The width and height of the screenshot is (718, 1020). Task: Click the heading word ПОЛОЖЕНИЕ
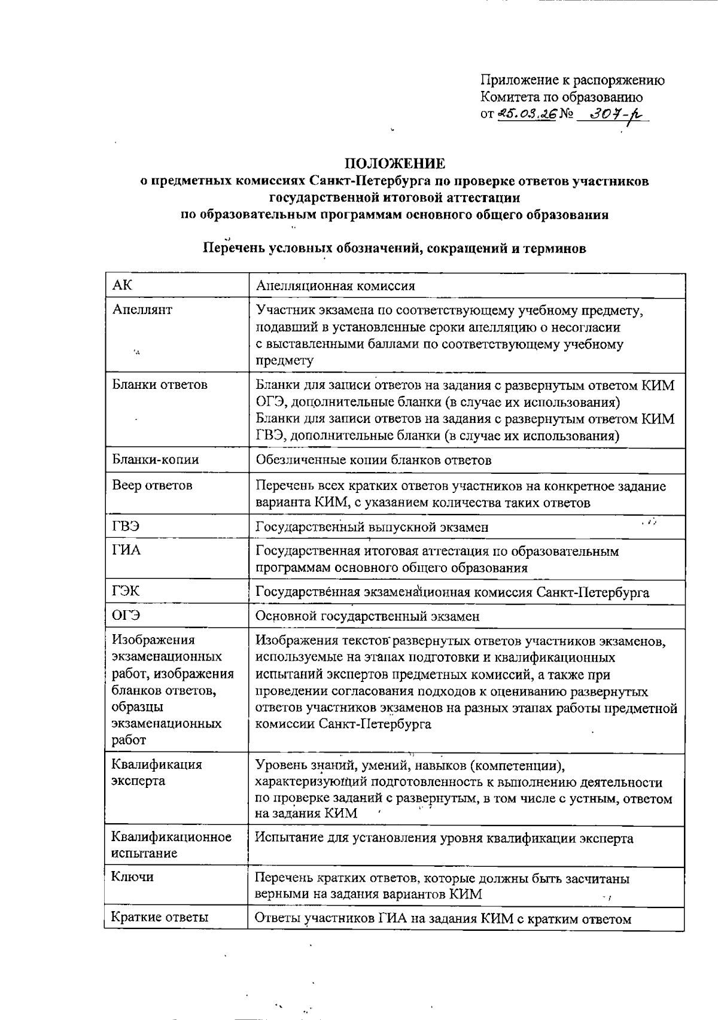click(x=394, y=163)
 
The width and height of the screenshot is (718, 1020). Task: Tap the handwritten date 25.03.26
click(x=527, y=113)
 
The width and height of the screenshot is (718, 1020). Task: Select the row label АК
click(x=122, y=285)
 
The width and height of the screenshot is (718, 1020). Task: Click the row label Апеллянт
click(x=142, y=310)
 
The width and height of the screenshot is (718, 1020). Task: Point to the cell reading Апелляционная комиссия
click(x=335, y=286)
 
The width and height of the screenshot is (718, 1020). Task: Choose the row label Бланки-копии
click(x=156, y=459)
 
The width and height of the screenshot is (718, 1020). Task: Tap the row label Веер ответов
click(x=152, y=485)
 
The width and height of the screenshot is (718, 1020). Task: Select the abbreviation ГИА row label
click(x=126, y=550)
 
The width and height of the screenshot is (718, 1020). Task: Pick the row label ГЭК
click(x=126, y=592)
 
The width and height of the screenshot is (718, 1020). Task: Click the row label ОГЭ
click(x=126, y=616)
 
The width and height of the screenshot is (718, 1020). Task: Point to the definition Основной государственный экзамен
click(x=367, y=616)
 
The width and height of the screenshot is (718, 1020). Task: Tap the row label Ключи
click(x=132, y=877)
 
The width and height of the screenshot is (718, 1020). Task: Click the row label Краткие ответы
click(x=160, y=917)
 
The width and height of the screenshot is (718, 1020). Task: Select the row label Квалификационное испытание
click(x=171, y=845)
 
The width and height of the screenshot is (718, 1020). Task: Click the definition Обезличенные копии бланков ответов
click(x=373, y=460)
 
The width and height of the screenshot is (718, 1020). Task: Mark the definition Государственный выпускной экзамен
click(x=372, y=527)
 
